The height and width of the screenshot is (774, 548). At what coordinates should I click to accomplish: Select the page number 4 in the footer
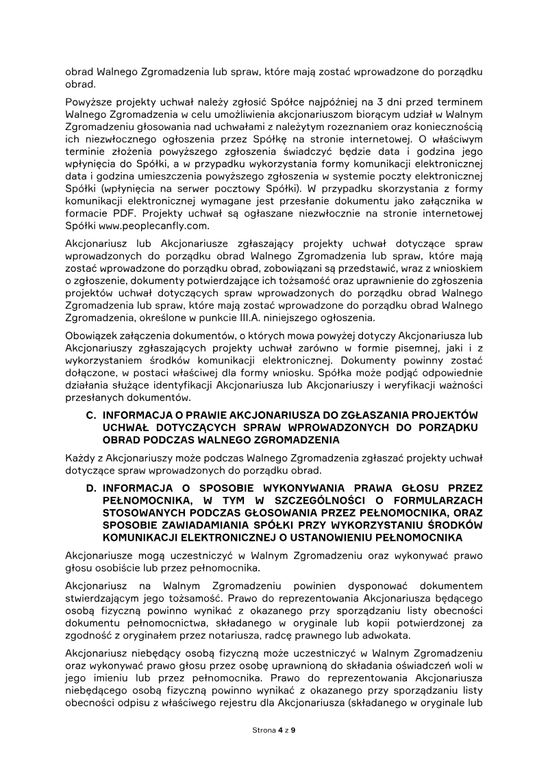[280, 731]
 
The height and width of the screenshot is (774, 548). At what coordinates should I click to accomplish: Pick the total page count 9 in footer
[293, 731]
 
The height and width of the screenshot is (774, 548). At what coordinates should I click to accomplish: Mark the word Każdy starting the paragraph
[79, 457]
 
